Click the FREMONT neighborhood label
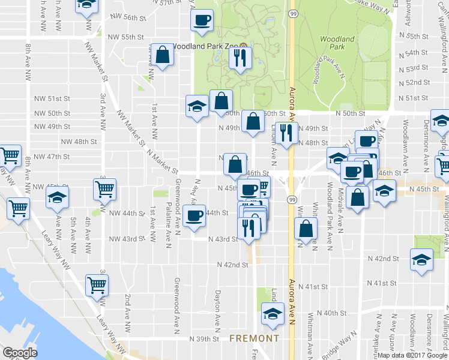[x=254, y=338]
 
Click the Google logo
[x=20, y=353]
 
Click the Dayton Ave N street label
[x=218, y=304]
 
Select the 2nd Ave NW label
[x=127, y=314]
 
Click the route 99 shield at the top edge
[x=292, y=13]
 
